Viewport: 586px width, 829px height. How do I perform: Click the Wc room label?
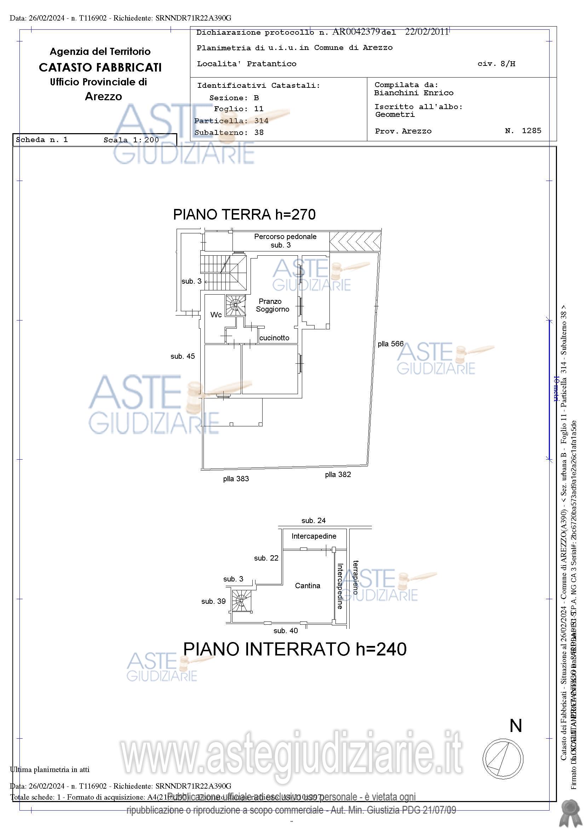point(216,315)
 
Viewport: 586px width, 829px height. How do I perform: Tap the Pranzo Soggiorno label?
point(272,305)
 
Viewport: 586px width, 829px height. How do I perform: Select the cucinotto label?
point(274,338)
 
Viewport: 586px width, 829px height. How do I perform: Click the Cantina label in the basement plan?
point(308,586)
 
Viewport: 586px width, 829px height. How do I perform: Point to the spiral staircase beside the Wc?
point(235,306)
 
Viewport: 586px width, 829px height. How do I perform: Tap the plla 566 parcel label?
point(390,344)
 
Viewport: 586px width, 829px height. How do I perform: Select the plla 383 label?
point(236,479)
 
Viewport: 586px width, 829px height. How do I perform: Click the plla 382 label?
point(338,475)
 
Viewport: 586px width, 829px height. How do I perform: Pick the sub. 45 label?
point(183,356)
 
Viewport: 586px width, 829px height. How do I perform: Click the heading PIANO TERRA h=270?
point(244,215)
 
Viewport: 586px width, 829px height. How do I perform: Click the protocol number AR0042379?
point(356,32)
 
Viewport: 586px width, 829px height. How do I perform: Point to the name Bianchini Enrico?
point(414,93)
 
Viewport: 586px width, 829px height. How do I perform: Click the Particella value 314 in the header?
point(261,121)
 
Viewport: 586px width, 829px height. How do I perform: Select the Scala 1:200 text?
point(131,140)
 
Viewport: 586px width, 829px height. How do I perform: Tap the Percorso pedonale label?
point(285,237)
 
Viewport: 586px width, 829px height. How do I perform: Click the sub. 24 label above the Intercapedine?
point(313,521)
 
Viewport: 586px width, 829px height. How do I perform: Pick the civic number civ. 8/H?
point(496,64)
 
